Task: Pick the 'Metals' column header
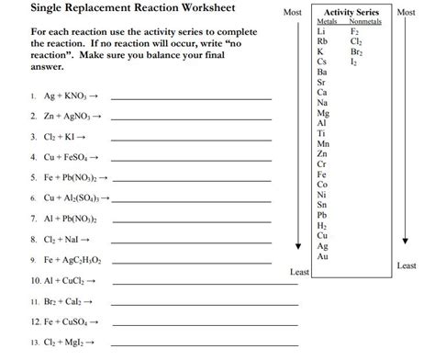click(327, 21)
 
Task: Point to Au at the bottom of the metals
click(321, 256)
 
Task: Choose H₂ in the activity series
click(321, 225)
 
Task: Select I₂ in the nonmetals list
click(355, 62)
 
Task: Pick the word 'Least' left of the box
click(299, 273)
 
